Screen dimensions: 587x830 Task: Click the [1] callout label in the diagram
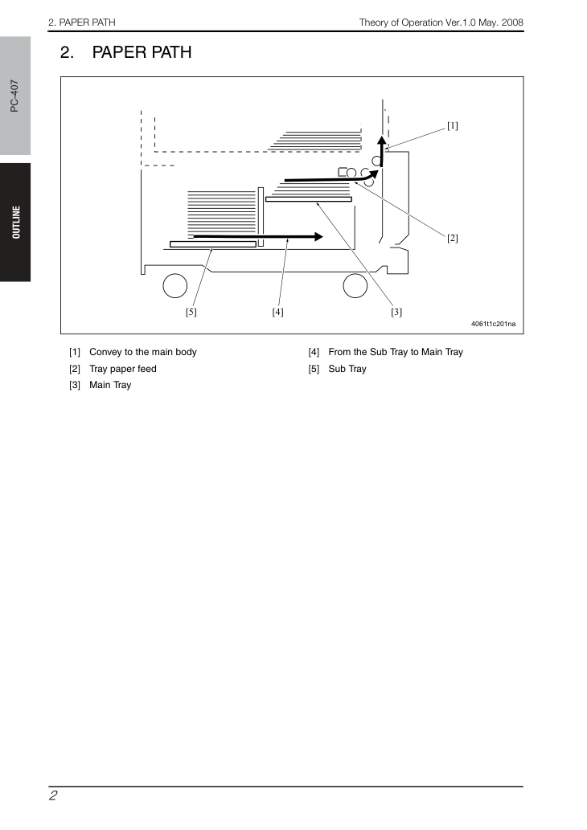pyautogui.click(x=453, y=126)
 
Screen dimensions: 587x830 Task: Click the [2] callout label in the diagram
pyautogui.click(x=453, y=238)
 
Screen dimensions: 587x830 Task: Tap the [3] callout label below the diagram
pyautogui.click(x=396, y=313)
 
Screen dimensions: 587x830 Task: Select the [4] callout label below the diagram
pyautogui.click(x=277, y=313)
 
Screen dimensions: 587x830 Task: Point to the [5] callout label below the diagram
pyautogui.click(x=191, y=313)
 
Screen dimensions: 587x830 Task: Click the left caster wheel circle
pyautogui.click(x=174, y=286)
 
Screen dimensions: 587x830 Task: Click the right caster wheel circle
pyautogui.click(x=355, y=286)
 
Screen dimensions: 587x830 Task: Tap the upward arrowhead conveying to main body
pyautogui.click(x=381, y=141)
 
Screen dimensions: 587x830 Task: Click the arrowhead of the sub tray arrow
pyautogui.click(x=319, y=236)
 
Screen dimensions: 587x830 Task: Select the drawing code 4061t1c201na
pyautogui.click(x=493, y=324)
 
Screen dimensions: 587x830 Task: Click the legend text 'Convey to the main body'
pyautogui.click(x=143, y=352)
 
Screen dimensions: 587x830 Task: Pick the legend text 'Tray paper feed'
pyautogui.click(x=123, y=369)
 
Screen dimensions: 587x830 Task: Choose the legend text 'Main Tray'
pyautogui.click(x=110, y=385)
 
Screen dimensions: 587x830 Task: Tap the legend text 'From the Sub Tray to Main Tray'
pyautogui.click(x=396, y=352)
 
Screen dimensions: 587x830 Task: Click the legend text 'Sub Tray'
pyautogui.click(x=347, y=369)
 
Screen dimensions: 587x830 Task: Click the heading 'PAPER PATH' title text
pyautogui.click(x=142, y=52)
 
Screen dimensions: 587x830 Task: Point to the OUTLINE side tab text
pyautogui.click(x=16, y=223)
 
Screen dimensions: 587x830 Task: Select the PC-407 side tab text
pyautogui.click(x=14, y=96)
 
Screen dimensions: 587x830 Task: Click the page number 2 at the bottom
pyautogui.click(x=53, y=795)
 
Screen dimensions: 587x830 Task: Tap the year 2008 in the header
pyautogui.click(x=512, y=22)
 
